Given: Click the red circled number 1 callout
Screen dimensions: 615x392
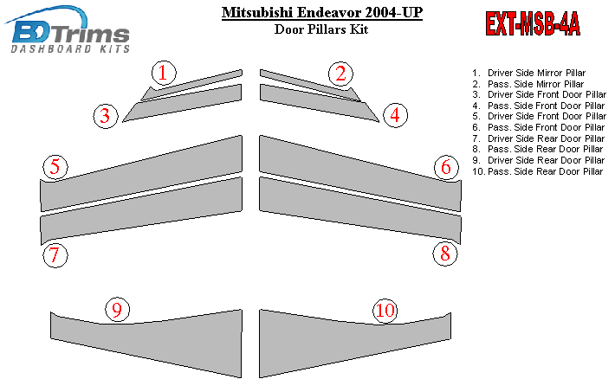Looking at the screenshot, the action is pos(164,73).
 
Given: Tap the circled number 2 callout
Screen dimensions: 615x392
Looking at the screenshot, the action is pos(340,74).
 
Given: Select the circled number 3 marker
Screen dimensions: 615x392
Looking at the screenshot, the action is pos(106,116).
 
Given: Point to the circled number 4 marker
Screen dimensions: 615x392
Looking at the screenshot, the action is pos(395,115).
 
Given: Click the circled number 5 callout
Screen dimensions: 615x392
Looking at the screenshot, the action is pos(55,167).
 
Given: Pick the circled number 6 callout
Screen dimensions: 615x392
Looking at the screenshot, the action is pos(446,167).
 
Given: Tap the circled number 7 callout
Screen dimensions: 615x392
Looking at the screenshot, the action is pos(55,255).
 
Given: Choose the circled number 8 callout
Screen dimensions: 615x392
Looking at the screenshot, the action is pos(445,254).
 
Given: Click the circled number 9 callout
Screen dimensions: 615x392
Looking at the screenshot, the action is pos(117,310).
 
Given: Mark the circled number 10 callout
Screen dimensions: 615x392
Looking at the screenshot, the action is pos(385,311).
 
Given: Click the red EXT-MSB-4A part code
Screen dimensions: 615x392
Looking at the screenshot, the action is pos(533,24).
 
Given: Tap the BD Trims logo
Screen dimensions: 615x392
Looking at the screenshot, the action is pos(68,29).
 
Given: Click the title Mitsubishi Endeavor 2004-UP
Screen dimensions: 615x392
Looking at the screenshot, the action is pos(322,12).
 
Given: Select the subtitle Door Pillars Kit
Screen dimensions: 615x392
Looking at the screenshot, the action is pos(321,29).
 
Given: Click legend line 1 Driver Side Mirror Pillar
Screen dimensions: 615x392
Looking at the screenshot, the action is pos(528,73).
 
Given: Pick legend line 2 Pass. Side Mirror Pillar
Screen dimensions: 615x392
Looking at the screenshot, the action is pos(528,84).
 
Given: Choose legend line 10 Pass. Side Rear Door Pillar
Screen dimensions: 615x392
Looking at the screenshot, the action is pos(537,171).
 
